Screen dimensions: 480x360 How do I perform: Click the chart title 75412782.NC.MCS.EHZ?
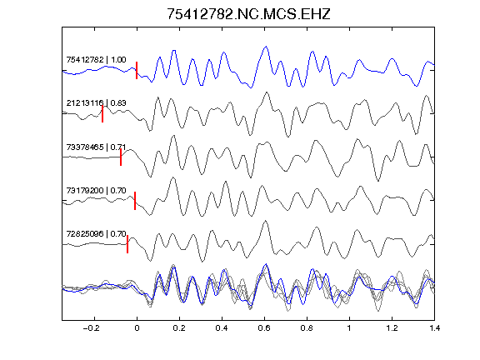pos(248,14)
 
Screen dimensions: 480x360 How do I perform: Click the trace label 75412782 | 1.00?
pos(96,60)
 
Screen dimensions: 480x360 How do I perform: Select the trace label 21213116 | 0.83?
pos(96,102)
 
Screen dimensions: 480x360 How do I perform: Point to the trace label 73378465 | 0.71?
pos(96,147)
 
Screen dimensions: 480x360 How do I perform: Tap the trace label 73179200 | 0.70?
pos(96,191)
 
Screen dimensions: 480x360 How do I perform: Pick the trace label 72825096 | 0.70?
pos(96,234)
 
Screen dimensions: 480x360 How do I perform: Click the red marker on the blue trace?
pos(137,70)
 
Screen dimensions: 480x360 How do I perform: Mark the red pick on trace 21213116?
pos(102,114)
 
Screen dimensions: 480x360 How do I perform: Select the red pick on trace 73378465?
pos(121,157)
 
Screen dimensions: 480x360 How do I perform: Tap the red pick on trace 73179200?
pos(135,201)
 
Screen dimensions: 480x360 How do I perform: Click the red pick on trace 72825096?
pos(127,244)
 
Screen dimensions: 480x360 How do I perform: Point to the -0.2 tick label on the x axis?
pos(92,328)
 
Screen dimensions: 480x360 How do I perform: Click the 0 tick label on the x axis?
pos(137,328)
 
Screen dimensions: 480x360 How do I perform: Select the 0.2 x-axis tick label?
pos(179,328)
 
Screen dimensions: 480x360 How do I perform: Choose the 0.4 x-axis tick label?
pos(222,328)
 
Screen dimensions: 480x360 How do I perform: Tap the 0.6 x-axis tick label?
pos(264,328)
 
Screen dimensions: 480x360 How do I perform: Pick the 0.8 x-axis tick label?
pos(307,328)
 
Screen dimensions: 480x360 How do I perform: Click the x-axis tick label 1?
pos(349,328)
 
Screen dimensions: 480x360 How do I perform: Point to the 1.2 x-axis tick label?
pos(392,328)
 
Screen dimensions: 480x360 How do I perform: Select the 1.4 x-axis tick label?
pos(434,328)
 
